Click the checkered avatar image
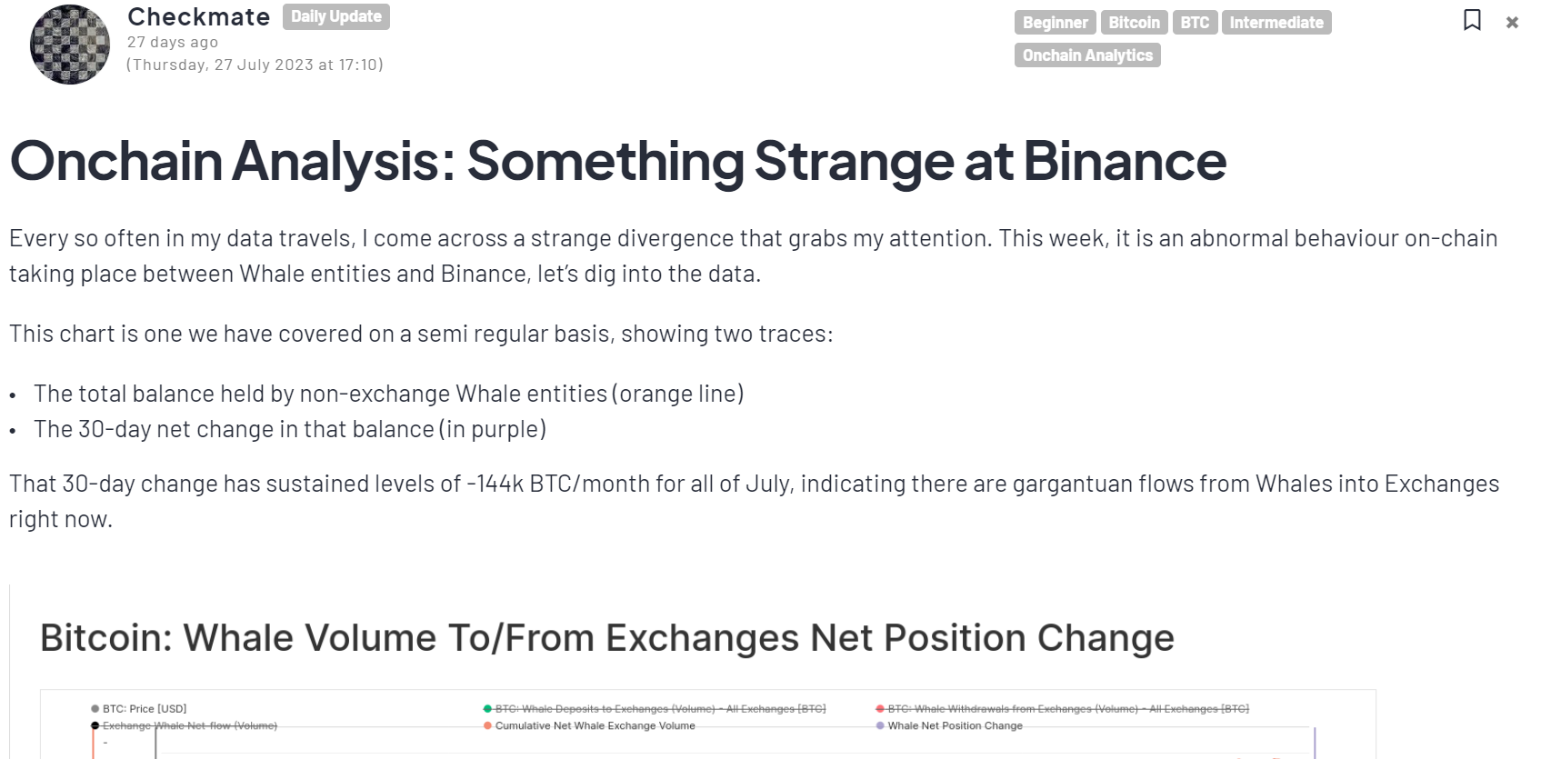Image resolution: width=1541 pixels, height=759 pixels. coord(70,45)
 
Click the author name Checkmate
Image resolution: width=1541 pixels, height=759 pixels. coord(198,17)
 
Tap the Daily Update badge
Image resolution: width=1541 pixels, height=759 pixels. coord(335,17)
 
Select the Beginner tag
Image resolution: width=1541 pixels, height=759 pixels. coord(1055,23)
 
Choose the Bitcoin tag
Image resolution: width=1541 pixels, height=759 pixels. coord(1134,23)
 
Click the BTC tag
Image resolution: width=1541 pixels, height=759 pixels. coord(1195,23)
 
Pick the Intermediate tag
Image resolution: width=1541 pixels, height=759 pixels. coord(1276,23)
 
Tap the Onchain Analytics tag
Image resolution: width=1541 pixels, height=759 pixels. coord(1087,55)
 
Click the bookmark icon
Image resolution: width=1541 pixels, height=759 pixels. coord(1472,20)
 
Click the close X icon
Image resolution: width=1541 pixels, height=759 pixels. coord(1512,23)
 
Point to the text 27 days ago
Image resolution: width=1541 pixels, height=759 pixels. coord(173,42)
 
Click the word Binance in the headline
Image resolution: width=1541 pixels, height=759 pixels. coord(1125,161)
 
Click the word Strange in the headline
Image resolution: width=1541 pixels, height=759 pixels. coord(853,161)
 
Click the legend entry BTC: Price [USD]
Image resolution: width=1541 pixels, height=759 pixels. coord(144,709)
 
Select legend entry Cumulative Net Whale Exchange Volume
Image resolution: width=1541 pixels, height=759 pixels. coord(595,725)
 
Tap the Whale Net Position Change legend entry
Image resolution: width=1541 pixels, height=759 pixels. coord(955,725)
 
